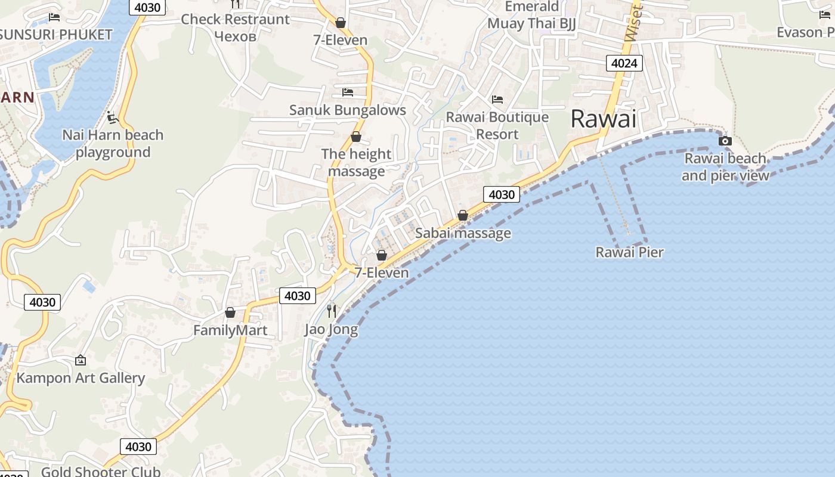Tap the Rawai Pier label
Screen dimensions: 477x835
pyautogui.click(x=629, y=252)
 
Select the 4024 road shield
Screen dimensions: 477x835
pyautogui.click(x=624, y=63)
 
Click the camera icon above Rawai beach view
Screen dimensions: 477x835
pyautogui.click(x=725, y=141)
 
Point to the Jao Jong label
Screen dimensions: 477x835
pyautogui.click(x=331, y=329)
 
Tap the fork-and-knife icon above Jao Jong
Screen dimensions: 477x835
pyautogui.click(x=332, y=311)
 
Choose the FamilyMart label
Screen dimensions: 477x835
pyautogui.click(x=230, y=330)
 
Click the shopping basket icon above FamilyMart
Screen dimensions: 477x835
pyautogui.click(x=230, y=312)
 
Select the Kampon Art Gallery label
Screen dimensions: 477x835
pyautogui.click(x=81, y=378)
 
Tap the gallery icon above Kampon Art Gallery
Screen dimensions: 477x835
pyautogui.click(x=81, y=360)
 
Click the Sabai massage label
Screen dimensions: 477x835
pyautogui.click(x=463, y=233)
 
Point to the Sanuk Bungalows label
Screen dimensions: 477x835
pyautogui.click(x=347, y=110)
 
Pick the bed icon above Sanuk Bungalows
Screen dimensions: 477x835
pyautogui.click(x=348, y=92)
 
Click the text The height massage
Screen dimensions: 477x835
pyautogui.click(x=356, y=163)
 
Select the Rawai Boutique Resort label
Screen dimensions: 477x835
pyautogui.click(x=497, y=125)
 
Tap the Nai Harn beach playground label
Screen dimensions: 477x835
pyautogui.click(x=113, y=144)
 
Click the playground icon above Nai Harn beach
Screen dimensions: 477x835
pyautogui.click(x=113, y=117)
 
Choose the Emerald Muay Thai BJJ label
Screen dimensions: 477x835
pyautogui.click(x=531, y=15)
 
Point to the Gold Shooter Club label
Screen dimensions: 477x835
pyautogui.click(x=101, y=471)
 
